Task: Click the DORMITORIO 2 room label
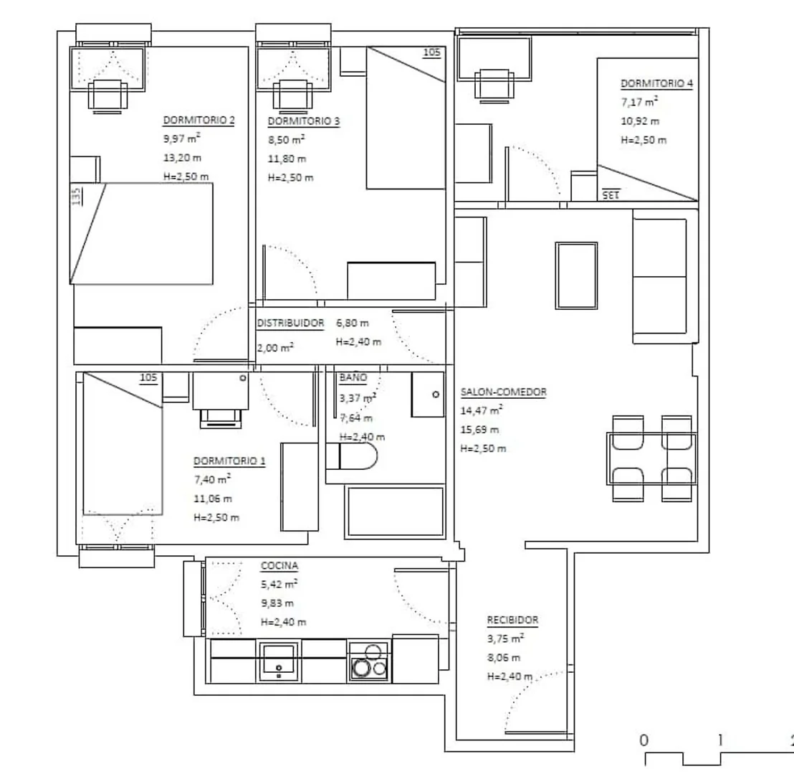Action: point(198,120)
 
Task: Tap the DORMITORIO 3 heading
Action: point(303,121)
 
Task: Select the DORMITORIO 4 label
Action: point(657,84)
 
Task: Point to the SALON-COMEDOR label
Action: point(503,392)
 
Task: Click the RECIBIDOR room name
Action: point(512,620)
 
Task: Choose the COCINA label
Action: point(279,566)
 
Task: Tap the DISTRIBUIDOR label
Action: point(290,324)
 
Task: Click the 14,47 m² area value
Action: point(482,410)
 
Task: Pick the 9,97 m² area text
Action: point(181,138)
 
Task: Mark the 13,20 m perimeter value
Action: point(182,158)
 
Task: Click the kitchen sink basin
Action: point(278,661)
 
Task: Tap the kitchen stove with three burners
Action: point(369,661)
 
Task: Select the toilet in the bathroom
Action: point(351,456)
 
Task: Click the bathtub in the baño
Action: point(394,511)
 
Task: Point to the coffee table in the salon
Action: point(576,275)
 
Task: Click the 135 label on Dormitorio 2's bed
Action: point(77,197)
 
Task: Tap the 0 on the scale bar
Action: point(644,740)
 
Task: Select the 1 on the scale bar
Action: point(720,740)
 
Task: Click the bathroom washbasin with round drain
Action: point(428,395)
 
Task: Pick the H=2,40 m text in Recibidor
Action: point(510,676)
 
